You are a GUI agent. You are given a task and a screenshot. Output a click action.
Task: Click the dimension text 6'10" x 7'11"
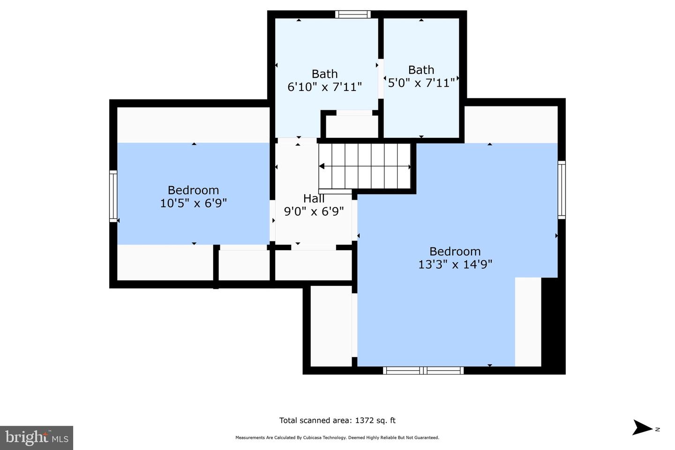coord(324,87)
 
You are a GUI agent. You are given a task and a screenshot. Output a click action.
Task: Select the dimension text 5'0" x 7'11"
coord(421,83)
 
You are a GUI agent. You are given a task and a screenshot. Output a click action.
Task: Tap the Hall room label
coord(314,199)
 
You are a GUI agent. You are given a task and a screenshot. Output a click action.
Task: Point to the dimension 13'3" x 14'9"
coord(455,264)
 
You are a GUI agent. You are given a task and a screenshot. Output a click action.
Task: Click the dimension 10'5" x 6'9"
coord(193,203)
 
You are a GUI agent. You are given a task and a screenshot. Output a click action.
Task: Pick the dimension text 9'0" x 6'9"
coord(314,211)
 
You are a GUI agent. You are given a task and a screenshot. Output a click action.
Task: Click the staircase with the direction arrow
coord(365,166)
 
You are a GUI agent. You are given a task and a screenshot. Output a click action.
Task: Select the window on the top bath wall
coord(352,15)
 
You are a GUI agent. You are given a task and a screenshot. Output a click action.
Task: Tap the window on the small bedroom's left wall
coord(113,196)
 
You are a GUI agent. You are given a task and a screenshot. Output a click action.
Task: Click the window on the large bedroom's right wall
coord(561,189)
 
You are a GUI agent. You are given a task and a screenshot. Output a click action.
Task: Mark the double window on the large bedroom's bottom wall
coord(423,370)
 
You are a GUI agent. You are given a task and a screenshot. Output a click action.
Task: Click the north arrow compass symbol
coord(642,427)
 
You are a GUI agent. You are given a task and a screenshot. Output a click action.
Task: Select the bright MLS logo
coord(36,438)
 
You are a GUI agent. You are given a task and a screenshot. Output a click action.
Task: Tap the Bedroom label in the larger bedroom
coord(455,251)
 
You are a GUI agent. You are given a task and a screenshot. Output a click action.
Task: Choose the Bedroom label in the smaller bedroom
coord(193,190)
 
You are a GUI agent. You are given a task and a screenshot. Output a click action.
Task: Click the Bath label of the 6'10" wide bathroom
coord(324,74)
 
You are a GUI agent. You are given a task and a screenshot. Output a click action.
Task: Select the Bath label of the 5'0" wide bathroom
coord(421,70)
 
